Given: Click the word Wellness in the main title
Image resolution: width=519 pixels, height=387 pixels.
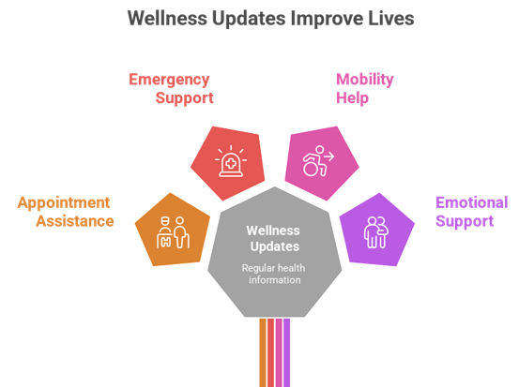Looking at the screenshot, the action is click(x=167, y=18).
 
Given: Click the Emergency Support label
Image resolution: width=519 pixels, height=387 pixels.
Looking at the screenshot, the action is click(x=171, y=89).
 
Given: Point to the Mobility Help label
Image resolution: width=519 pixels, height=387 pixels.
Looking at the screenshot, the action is click(x=365, y=89).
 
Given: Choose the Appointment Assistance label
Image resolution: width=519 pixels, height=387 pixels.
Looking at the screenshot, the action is click(x=66, y=212).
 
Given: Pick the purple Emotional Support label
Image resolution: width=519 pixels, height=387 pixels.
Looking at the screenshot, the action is click(x=472, y=212).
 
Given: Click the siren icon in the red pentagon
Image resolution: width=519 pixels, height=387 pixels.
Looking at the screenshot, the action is click(x=231, y=161).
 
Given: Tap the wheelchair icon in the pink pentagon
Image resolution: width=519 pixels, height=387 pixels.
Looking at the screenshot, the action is click(x=318, y=161).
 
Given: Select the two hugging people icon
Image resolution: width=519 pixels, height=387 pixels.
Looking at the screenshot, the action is click(x=376, y=232).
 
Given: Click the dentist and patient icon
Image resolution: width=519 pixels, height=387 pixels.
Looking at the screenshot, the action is click(x=173, y=232).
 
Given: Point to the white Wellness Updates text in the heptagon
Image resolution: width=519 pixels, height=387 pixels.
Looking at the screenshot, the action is click(x=273, y=239).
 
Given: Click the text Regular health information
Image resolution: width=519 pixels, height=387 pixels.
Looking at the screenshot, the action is click(x=274, y=274).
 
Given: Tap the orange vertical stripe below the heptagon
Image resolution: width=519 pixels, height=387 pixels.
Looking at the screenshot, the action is click(x=263, y=352).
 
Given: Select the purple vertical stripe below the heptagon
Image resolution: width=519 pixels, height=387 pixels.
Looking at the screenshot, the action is click(x=286, y=352).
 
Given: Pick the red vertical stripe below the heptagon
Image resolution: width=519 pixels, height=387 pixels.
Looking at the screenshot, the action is click(x=270, y=352).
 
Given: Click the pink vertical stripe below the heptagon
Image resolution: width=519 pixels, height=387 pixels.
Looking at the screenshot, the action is click(x=279, y=352).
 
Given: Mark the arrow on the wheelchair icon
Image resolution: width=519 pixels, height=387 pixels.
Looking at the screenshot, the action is click(x=329, y=156).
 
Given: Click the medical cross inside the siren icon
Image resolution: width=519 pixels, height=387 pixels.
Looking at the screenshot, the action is click(x=231, y=163).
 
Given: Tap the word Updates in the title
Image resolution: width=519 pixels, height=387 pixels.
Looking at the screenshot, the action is click(x=249, y=19).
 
